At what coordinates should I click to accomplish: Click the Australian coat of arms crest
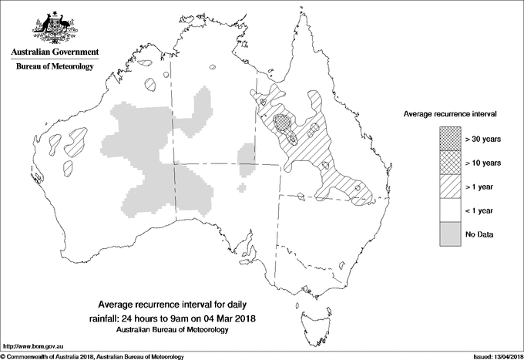click(54, 27)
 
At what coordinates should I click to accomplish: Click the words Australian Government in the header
click(54, 52)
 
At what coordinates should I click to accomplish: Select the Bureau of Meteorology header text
click(54, 67)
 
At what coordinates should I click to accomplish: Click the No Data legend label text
click(479, 234)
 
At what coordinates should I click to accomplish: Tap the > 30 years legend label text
click(483, 140)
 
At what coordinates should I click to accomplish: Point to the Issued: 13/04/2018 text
click(493, 355)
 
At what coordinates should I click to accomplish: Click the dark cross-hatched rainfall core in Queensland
click(284, 122)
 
